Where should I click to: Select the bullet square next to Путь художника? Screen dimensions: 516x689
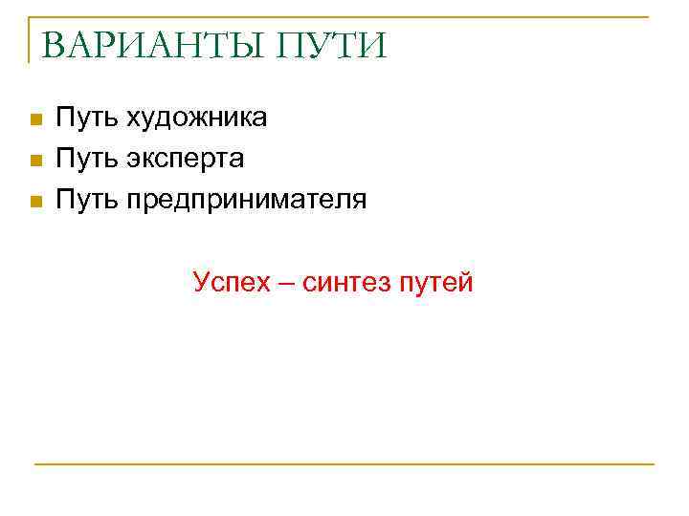(34, 120)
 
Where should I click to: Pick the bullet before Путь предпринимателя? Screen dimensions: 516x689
(34, 202)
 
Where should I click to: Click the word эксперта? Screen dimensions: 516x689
(185, 159)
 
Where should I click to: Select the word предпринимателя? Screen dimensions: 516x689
(246, 200)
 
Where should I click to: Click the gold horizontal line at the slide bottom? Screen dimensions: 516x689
(344, 464)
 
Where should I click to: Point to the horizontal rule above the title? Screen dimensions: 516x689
(344, 17)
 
